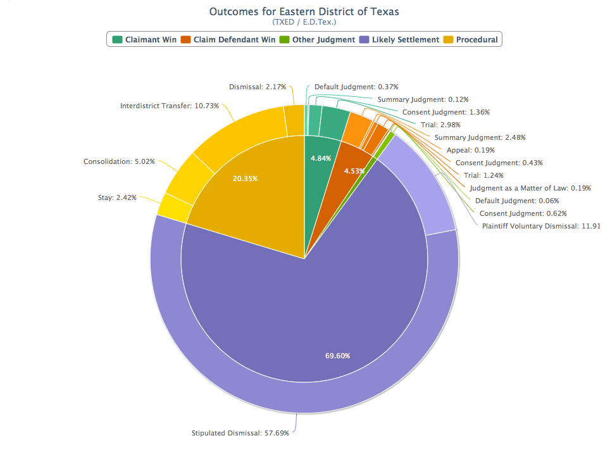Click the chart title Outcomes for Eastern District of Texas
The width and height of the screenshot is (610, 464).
point(304,11)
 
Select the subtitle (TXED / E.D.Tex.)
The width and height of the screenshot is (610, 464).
point(304,22)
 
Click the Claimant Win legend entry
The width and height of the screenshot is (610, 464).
point(145,39)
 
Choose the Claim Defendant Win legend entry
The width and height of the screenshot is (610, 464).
point(228,39)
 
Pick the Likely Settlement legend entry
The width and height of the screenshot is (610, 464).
point(399,39)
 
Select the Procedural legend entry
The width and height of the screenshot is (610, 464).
point(471,39)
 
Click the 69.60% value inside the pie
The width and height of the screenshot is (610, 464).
point(338,356)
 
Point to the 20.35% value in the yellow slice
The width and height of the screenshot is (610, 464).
point(245,179)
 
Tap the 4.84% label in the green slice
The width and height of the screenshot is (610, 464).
point(321,158)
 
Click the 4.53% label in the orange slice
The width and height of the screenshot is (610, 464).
point(354,171)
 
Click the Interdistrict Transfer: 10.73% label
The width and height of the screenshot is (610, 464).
point(170,106)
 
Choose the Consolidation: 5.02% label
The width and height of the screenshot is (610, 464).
point(120,161)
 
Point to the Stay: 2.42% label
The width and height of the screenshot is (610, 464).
point(117,198)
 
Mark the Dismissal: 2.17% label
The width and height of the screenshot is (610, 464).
point(258,87)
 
